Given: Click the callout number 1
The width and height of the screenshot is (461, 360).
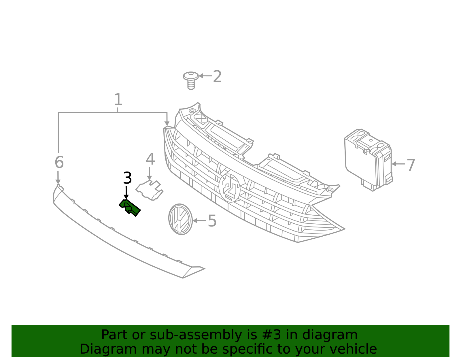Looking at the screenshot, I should [x=118, y=100].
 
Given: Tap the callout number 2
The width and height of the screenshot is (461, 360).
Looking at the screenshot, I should [x=217, y=77].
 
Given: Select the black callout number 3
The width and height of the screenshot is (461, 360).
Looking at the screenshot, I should [x=127, y=178].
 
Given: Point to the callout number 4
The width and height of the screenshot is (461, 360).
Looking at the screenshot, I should [x=150, y=159].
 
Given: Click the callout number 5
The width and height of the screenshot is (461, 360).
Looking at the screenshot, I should [x=212, y=221].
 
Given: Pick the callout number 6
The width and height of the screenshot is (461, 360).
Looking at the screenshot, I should [x=59, y=162].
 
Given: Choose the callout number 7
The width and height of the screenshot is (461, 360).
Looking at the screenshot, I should [x=411, y=165].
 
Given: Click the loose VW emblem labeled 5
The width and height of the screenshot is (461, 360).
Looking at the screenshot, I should [x=180, y=219].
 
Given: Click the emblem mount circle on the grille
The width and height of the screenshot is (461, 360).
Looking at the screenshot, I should [x=230, y=188].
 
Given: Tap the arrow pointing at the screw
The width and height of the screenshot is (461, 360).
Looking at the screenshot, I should [x=205, y=76].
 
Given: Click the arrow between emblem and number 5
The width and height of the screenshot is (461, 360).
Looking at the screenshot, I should [x=199, y=221].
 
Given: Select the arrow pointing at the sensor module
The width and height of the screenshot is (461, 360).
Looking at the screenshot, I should [x=398, y=164].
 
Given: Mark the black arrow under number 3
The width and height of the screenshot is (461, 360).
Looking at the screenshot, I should [x=126, y=193].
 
